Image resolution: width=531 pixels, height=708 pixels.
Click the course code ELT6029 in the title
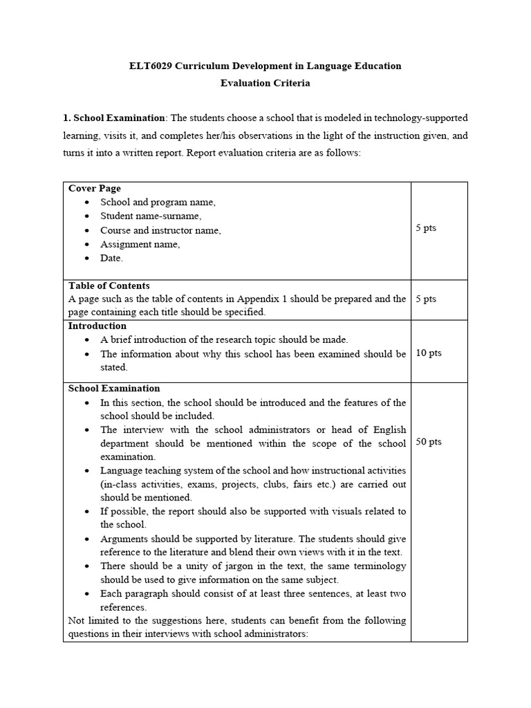click(x=151, y=66)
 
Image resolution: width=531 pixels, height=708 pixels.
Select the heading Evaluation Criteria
click(x=265, y=83)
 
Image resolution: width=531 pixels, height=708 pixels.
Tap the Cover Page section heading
click(x=95, y=188)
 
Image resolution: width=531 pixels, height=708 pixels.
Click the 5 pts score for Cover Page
click(x=426, y=228)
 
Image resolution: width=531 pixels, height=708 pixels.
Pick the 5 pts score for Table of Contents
click(x=426, y=299)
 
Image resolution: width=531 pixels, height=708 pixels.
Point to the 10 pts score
click(x=429, y=353)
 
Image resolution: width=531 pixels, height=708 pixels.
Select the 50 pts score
click(x=429, y=442)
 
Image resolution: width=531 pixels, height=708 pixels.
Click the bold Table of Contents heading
click(x=109, y=286)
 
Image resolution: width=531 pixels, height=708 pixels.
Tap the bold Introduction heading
click(x=97, y=326)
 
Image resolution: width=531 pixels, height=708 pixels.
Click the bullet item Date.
click(x=111, y=258)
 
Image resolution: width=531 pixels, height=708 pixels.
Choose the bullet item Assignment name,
click(x=140, y=244)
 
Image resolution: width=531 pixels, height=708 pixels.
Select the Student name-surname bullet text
click(x=150, y=216)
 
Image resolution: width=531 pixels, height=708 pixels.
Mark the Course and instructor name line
click(x=160, y=230)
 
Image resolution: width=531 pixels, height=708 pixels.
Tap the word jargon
click(x=221, y=566)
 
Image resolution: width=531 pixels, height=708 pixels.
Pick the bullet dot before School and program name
click(x=86, y=203)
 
